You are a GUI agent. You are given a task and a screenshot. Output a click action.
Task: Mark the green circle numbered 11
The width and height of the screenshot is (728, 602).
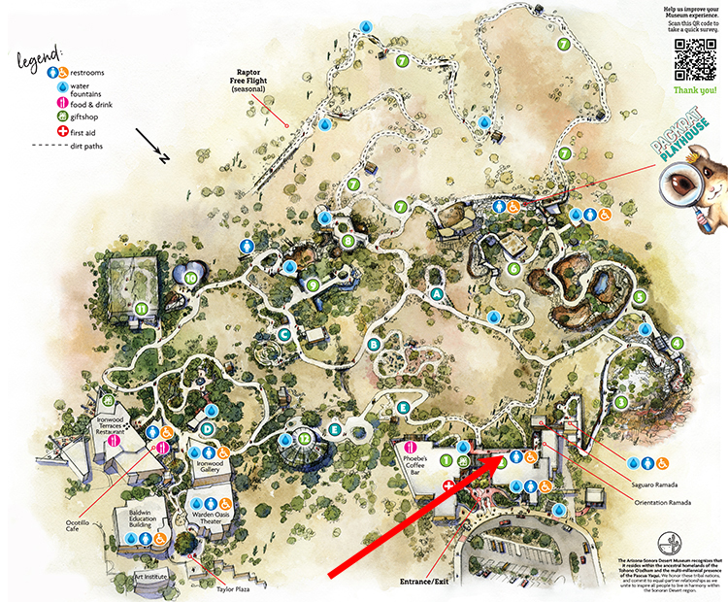tap(142, 309)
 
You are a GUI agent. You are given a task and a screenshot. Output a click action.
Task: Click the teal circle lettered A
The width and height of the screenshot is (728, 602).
tap(436, 293)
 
